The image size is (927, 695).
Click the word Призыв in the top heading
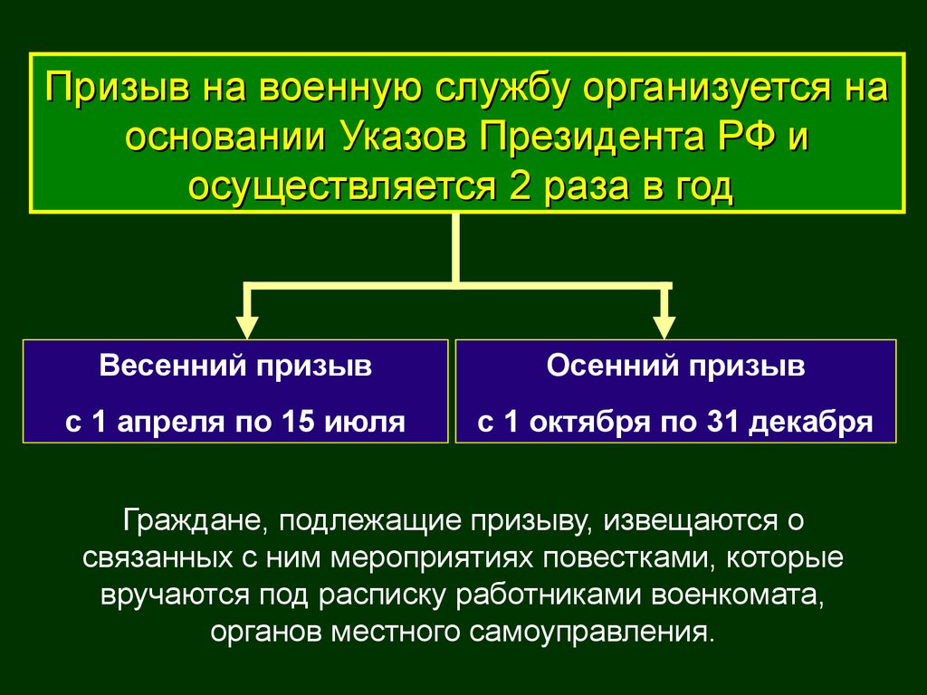[x=119, y=88]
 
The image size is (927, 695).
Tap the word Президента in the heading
[x=591, y=138]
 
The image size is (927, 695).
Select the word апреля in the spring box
[x=171, y=423]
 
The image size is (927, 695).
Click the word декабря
[x=811, y=423]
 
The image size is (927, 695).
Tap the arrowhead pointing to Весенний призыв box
[x=247, y=328]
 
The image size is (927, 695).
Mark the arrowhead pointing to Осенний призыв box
[x=664, y=328]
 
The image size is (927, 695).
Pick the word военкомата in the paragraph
[x=738, y=595]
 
